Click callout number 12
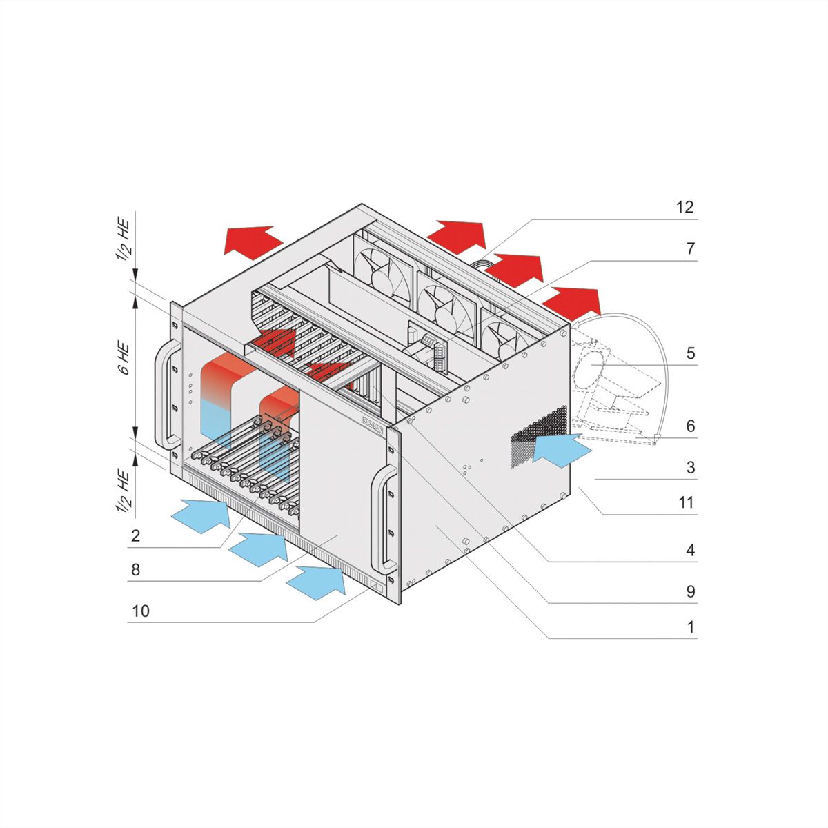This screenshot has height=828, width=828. coord(684,207)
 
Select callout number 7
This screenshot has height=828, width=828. coord(690,248)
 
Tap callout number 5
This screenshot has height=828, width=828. coord(690,353)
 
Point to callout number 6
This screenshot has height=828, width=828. coord(690,426)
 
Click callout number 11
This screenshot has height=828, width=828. coord(685,502)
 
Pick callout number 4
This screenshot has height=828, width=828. coord(690,551)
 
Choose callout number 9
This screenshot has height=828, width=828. coord(690,591)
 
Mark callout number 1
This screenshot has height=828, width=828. coord(690,627)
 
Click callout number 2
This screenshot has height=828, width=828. coord(135,535)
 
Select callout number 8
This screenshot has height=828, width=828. coord(135,569)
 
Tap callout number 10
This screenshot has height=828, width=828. coord(140,611)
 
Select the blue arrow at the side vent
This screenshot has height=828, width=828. coord(561,451)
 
